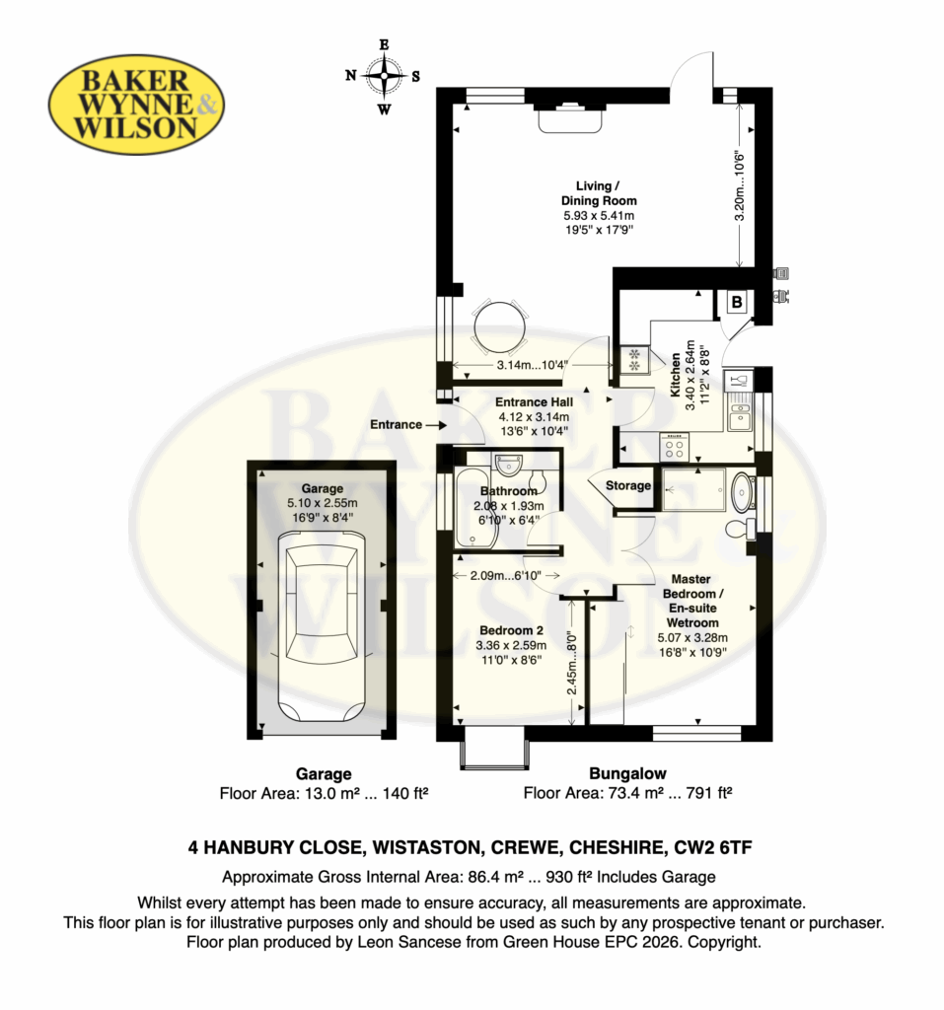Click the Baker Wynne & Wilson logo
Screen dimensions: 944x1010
[x=136, y=105]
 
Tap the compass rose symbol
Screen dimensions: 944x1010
[x=384, y=76]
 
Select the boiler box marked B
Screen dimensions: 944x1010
[x=737, y=302]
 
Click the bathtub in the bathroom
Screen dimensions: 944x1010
[x=476, y=508]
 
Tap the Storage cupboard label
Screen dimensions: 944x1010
[x=628, y=485]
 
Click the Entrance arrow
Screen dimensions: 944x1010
[x=436, y=425]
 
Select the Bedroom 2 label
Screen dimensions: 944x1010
[x=511, y=630]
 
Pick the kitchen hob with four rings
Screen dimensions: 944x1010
[x=674, y=447]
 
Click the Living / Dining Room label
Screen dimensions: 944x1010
[x=599, y=193]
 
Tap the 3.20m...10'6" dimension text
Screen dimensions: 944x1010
[x=740, y=186]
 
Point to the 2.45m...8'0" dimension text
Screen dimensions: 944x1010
[x=571, y=664]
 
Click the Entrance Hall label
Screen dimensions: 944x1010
[x=535, y=402]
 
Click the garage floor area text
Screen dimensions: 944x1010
[x=325, y=793]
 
